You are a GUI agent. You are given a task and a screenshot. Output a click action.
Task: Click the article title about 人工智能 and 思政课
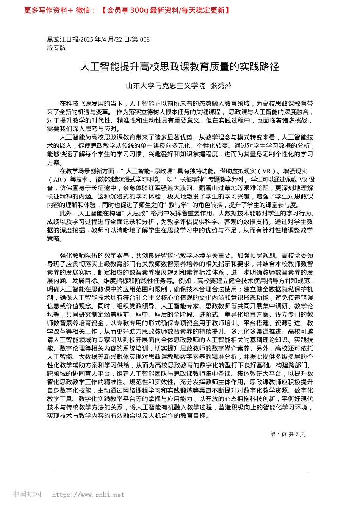point(180,67)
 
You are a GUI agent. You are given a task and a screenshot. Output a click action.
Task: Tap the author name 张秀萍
point(221,86)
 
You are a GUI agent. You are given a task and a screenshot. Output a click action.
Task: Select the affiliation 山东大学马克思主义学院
point(166,86)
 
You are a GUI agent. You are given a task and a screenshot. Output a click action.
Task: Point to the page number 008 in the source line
point(145,39)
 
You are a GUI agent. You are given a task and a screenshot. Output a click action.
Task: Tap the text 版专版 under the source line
point(56,48)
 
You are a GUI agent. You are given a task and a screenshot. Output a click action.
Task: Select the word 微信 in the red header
point(83,10)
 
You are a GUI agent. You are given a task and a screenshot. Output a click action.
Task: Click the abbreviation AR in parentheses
point(58,180)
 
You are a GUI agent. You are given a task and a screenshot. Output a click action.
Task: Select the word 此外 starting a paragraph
point(66,213)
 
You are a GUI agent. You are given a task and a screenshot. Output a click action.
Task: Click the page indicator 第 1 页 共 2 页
point(288,434)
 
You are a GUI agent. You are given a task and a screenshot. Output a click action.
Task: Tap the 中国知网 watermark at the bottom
point(27,494)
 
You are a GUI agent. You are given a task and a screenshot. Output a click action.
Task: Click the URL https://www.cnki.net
point(88,495)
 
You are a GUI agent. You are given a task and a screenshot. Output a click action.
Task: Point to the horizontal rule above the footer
point(180,472)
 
